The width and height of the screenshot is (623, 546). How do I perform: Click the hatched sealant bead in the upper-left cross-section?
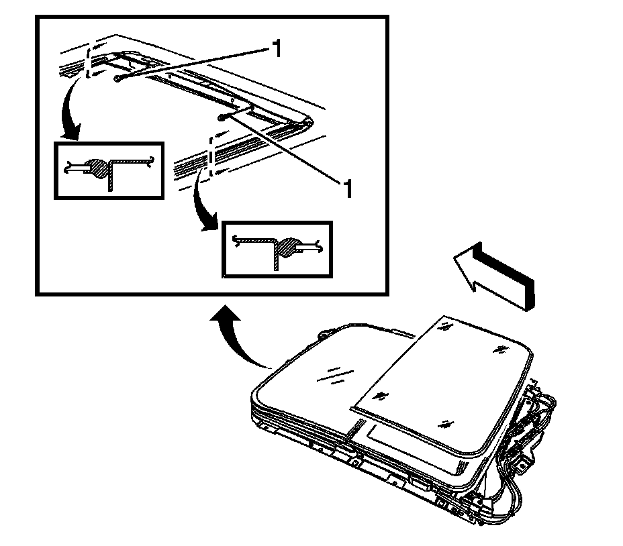pyautogui.click(x=99, y=168)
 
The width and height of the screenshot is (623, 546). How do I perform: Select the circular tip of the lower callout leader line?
pyautogui.click(x=222, y=117)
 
